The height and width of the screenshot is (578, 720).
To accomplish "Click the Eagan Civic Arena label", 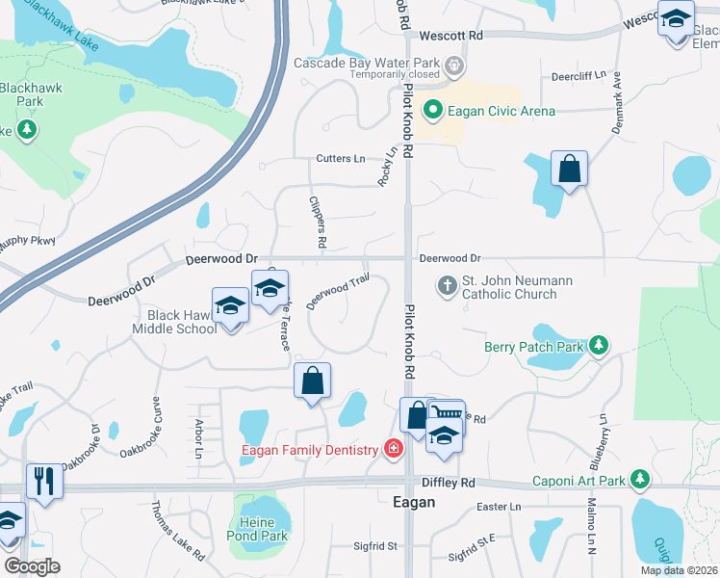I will [501, 111].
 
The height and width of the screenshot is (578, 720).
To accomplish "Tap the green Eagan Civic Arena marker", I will [433, 110].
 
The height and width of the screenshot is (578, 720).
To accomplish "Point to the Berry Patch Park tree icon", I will [600, 344].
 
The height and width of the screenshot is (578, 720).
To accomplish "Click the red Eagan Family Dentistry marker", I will [393, 449].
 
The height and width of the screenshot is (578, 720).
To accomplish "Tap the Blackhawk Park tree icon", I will [26, 129].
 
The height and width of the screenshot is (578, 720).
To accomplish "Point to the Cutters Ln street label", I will [341, 158].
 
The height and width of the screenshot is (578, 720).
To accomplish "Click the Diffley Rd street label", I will [449, 483].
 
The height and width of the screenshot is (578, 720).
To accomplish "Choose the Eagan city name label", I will [414, 502].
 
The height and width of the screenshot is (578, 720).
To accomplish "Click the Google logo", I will [32, 567].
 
